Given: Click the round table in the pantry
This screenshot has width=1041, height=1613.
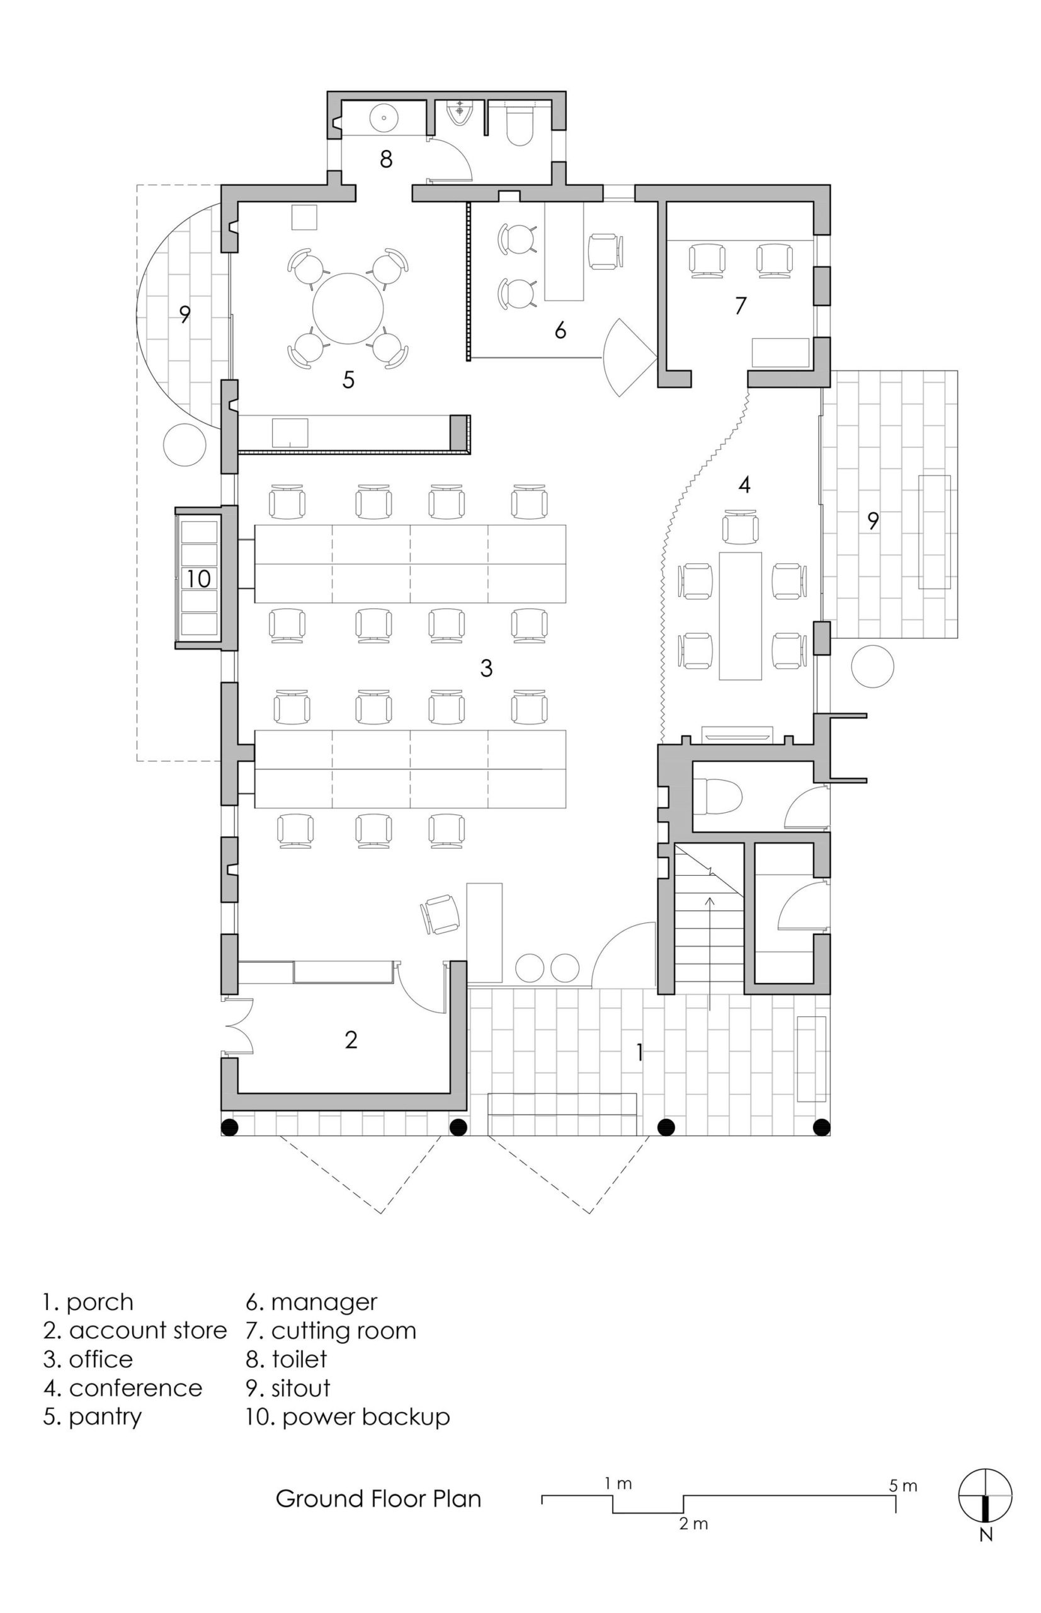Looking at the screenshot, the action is point(348,308).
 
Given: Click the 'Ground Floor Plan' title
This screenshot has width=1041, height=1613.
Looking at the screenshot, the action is point(378,1499).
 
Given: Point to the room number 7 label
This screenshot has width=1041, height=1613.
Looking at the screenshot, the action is point(741,306).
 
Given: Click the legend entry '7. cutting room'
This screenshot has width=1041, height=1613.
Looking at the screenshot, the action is point(331,1330).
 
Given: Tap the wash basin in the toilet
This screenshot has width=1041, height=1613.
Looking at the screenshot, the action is point(384,118).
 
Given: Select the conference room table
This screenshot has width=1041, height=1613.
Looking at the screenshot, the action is point(741,616).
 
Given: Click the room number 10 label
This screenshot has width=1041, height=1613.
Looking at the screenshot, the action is point(199,579).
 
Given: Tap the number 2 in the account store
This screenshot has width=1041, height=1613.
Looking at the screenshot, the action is point(351,1040).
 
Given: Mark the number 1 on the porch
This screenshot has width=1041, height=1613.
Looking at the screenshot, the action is point(639,1051).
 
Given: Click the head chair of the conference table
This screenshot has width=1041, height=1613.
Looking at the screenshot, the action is point(740,526).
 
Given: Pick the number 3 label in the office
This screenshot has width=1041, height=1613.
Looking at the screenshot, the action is point(486,668).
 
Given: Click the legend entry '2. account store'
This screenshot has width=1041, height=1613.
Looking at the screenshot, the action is point(135,1330).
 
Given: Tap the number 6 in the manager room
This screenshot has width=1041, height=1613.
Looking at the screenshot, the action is point(560,331).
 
